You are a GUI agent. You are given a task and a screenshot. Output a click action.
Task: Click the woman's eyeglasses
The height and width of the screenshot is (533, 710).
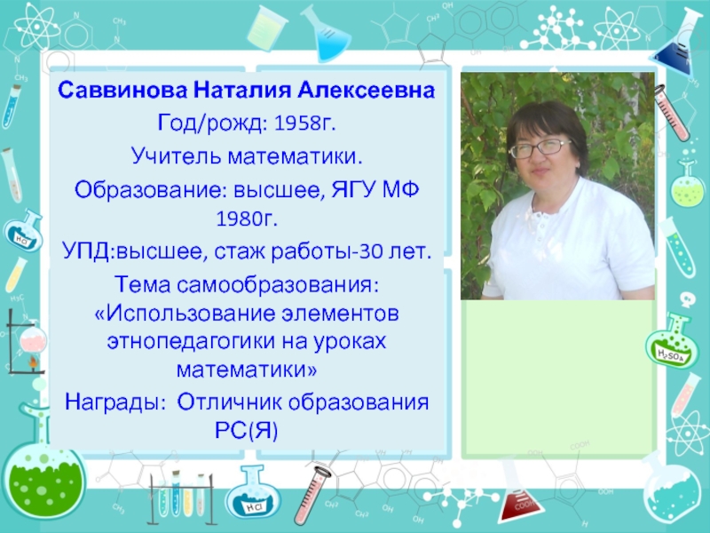pos(540,148)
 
